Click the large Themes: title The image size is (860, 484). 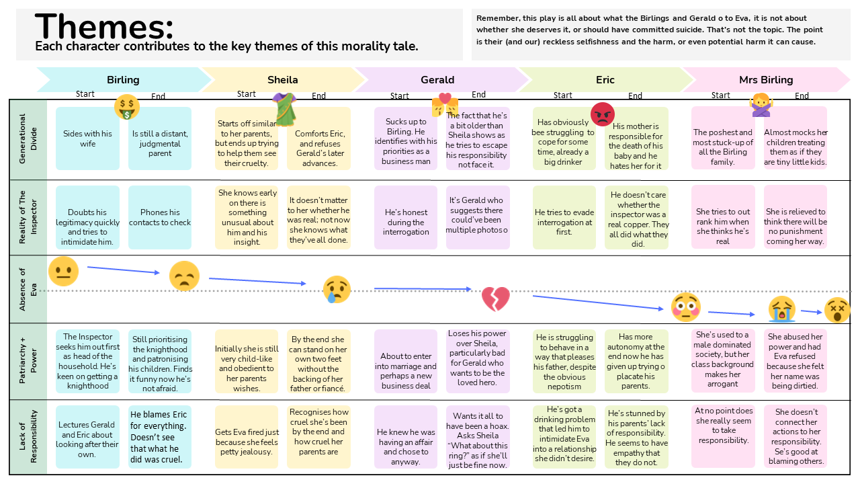tap(104, 27)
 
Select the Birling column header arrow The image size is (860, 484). tap(123, 79)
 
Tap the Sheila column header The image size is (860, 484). tap(282, 79)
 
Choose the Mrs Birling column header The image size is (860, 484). tap(766, 79)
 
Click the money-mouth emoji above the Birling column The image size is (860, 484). tap(126, 106)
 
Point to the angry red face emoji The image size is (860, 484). tap(603, 114)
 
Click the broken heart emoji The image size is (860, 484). tap(496, 298)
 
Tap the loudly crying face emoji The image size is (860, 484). tap(782, 309)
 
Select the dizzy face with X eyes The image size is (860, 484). tap(837, 309)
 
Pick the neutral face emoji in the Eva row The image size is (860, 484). tap(63, 272)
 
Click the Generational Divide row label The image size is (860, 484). tap(28, 139)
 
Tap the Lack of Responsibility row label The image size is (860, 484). tap(28, 437)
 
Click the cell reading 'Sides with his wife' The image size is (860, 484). tap(88, 138)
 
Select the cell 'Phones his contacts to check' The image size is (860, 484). tap(160, 217)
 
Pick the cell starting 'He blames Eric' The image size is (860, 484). tap(160, 437)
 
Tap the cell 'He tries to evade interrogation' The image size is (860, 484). tap(564, 217)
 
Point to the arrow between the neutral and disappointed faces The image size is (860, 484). tap(124, 270)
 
